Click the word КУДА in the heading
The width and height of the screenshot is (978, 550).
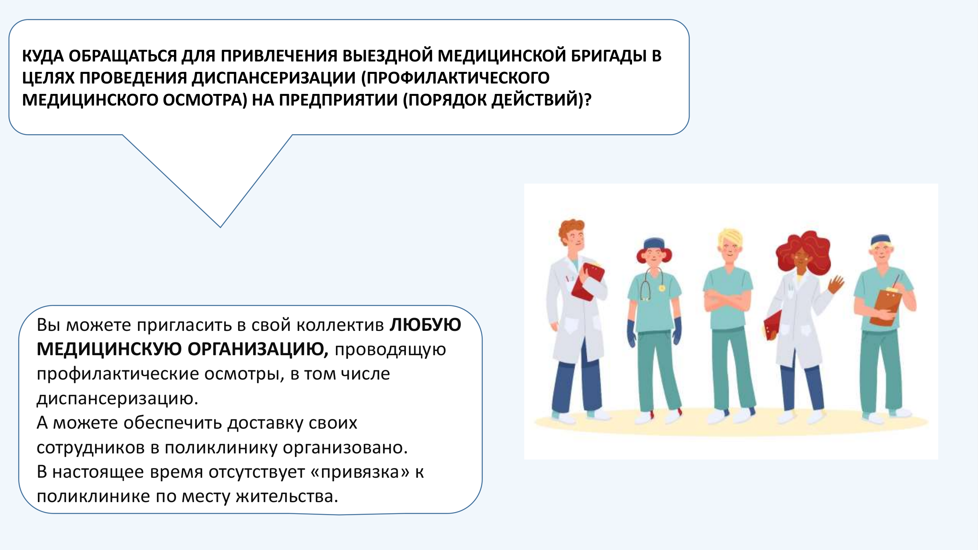tap(43, 56)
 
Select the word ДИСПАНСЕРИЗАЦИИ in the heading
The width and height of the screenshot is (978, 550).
tap(273, 78)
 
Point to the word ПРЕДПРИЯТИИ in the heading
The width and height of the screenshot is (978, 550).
tap(338, 100)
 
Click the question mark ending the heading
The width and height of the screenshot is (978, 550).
tap(588, 100)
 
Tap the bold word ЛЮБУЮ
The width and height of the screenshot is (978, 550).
tap(425, 325)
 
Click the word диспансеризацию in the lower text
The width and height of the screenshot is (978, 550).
tap(117, 398)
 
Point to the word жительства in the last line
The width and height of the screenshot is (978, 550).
tap(287, 496)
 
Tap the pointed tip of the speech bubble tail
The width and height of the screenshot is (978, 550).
tap(220, 227)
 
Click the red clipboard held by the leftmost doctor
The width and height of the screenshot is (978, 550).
tap(588, 281)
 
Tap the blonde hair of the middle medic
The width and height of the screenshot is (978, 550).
tap(730, 237)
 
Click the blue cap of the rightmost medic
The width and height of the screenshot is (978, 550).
tap(881, 240)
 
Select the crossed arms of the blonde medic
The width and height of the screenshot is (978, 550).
tap(727, 300)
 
